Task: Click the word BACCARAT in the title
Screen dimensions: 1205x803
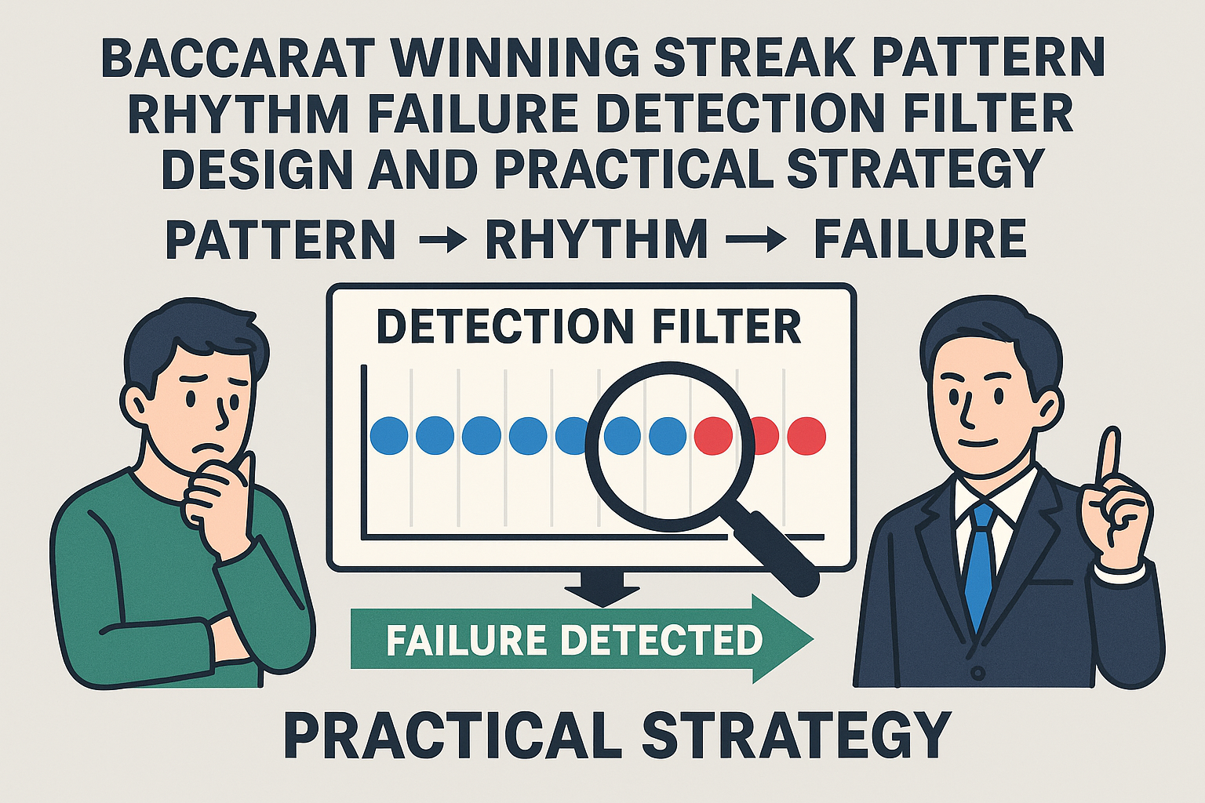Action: tap(241, 57)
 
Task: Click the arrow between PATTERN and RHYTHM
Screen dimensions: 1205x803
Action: tap(442, 242)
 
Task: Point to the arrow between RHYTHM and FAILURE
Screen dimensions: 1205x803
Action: tap(757, 242)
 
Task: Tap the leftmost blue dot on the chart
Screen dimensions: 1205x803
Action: tap(389, 436)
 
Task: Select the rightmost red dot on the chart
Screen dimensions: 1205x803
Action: tap(806, 436)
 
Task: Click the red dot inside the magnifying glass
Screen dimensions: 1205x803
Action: tap(714, 436)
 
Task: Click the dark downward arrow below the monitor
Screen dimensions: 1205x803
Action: tap(602, 587)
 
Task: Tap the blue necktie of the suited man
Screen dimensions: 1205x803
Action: tap(982, 565)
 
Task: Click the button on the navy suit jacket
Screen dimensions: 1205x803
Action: tap(978, 673)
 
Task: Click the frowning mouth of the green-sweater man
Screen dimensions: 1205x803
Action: tap(209, 448)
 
